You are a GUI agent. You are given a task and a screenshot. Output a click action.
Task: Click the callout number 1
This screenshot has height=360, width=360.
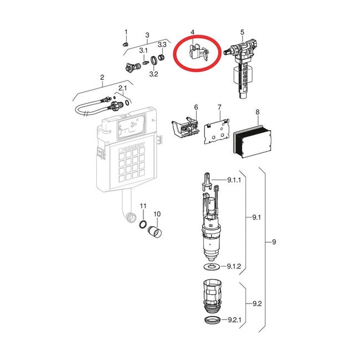point(126,32)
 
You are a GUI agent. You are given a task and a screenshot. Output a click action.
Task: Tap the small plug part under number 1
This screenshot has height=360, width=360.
point(125,44)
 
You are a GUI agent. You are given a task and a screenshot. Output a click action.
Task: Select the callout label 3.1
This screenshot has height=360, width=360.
point(143,50)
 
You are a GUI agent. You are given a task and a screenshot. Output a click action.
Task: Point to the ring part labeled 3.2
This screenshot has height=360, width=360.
point(154,60)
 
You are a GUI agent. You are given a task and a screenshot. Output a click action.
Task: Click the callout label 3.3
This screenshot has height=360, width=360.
point(162,44)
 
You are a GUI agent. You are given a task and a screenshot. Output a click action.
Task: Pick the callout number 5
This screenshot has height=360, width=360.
point(243,32)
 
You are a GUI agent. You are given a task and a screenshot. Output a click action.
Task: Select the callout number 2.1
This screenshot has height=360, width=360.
point(122,88)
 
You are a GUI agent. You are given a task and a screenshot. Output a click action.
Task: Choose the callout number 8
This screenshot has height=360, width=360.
point(258,112)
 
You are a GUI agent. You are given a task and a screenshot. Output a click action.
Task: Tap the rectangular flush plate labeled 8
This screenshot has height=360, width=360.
point(253,141)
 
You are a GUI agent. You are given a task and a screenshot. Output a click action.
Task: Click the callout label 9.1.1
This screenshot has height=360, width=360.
point(234,180)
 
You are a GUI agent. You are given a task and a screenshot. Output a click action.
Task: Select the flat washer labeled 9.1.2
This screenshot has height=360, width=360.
point(212,267)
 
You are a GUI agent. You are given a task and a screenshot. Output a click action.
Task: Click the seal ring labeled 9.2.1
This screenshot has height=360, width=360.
point(213,320)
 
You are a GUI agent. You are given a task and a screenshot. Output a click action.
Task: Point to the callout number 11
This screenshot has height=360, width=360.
point(143,206)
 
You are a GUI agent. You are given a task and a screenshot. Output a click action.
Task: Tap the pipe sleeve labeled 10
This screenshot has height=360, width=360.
point(155,232)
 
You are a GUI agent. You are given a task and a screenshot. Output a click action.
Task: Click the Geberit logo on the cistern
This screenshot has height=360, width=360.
point(135,147)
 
